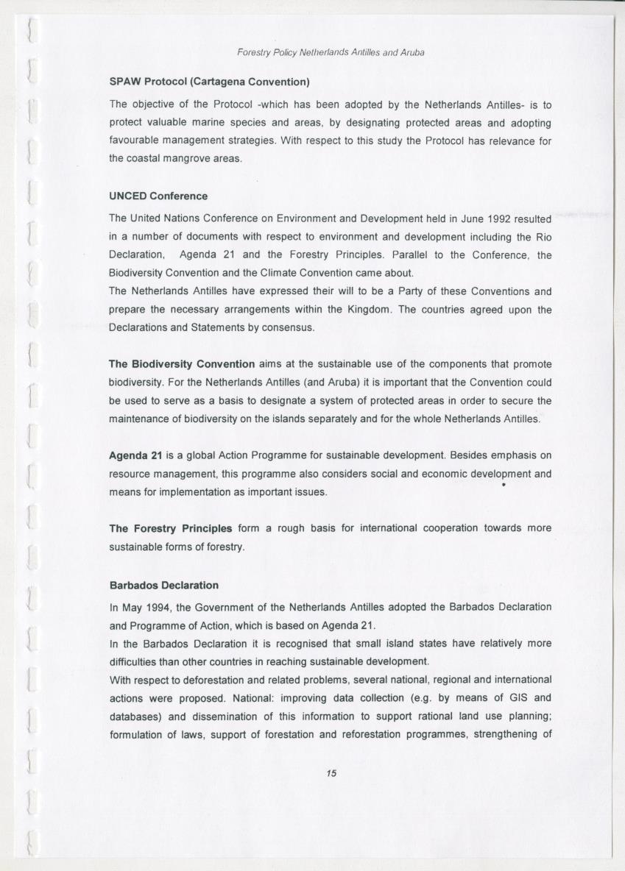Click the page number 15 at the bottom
tap(331, 773)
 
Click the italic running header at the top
tap(331, 53)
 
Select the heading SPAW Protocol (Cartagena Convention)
tap(208, 80)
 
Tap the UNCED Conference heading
tap(158, 196)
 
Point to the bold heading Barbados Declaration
tap(163, 586)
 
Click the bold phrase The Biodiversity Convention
tap(182, 364)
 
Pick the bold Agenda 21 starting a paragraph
tap(135, 456)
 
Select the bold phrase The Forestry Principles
tap(170, 528)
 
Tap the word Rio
tap(543, 236)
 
